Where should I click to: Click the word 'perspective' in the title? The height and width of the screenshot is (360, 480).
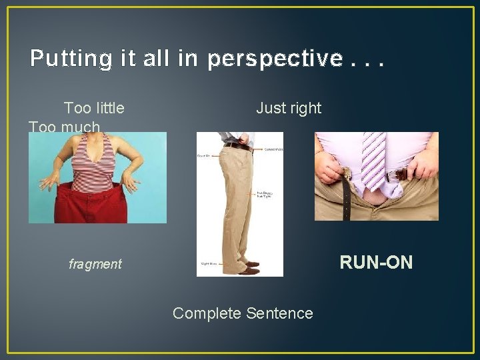275,59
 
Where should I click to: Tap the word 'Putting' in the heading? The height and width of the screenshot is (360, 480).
69,59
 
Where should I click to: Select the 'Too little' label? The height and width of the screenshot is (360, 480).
94,108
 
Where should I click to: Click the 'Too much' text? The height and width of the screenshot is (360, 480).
65,127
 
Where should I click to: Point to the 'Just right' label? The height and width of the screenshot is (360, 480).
289,108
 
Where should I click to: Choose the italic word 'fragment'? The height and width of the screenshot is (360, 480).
95,265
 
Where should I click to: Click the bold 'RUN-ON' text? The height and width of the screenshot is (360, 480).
376,263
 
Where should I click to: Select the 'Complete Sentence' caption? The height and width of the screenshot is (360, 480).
243,313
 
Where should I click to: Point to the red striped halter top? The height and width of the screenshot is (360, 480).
95,160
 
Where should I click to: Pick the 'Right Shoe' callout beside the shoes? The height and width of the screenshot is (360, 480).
206,265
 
